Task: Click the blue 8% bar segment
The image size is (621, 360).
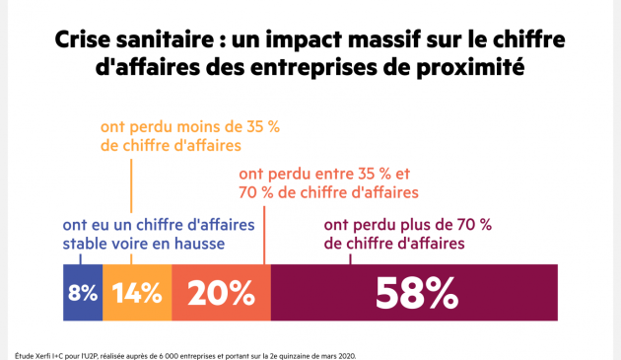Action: (83, 292)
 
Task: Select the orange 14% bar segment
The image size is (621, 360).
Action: (136, 292)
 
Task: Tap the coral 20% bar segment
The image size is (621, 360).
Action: (221, 292)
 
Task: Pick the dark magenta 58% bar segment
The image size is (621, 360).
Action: (414, 292)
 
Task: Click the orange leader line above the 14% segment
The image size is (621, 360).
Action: (131, 207)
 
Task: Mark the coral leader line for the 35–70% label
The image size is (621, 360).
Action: (264, 232)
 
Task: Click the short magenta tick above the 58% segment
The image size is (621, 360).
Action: (350, 259)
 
